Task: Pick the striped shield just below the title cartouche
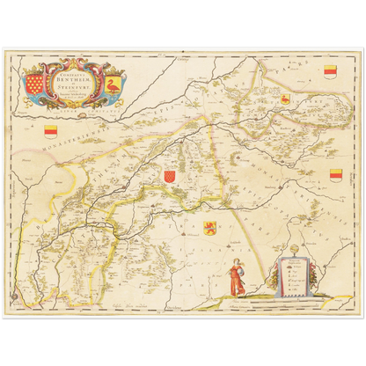(x=50, y=130)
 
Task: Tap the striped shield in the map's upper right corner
(x=330, y=70)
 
